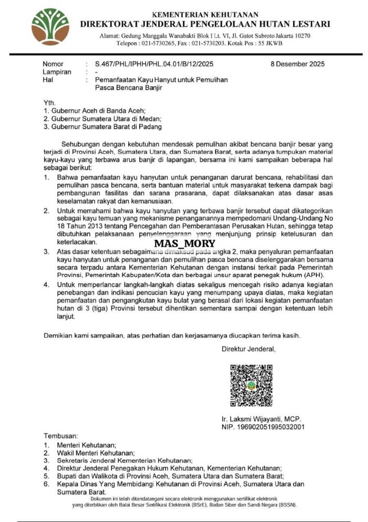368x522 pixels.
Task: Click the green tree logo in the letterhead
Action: pyautogui.click(x=50, y=27)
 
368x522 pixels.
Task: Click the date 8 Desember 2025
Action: pyautogui.click(x=298, y=64)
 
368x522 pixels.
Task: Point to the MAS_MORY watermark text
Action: pyautogui.click(x=185, y=243)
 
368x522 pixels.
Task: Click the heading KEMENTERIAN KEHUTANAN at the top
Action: pyautogui.click(x=205, y=14)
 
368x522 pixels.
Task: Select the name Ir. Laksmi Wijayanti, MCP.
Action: pyautogui.click(x=261, y=419)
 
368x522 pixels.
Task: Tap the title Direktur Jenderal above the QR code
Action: pyautogui.click(x=248, y=349)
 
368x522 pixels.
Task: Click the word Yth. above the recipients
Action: pyautogui.click(x=49, y=103)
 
